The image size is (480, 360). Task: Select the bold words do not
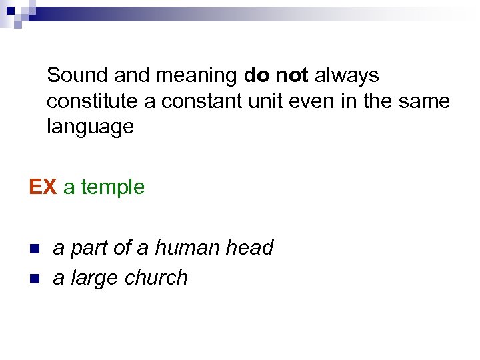click(276, 75)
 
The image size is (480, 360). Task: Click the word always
click(347, 76)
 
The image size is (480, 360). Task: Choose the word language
click(90, 127)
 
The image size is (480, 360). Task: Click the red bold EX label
click(43, 187)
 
